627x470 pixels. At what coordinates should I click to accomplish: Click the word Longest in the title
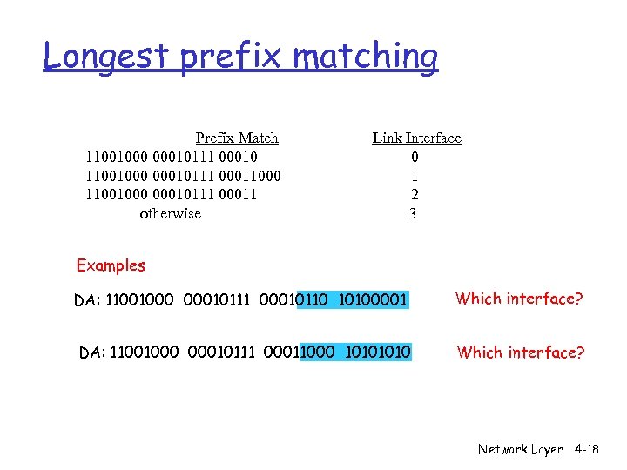[107, 57]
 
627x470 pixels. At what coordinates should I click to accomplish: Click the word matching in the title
[366, 57]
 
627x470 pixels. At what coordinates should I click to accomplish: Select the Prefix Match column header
[237, 138]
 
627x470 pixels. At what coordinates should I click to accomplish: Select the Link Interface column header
[417, 138]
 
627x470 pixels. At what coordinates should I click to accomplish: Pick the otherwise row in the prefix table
[170, 213]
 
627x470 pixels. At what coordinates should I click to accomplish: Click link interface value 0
[415, 157]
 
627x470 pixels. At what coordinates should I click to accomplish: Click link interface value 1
[415, 176]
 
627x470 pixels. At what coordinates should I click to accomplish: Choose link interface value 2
[415, 195]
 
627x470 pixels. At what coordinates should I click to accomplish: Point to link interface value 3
[414, 213]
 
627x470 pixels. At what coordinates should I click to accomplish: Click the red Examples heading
[111, 265]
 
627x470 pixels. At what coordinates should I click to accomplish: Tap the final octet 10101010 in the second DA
[378, 352]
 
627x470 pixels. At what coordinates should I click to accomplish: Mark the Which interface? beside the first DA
[519, 299]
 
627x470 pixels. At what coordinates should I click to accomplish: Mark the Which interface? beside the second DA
[521, 352]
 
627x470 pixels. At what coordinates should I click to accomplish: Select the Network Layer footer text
[520, 449]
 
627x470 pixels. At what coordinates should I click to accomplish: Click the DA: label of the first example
[86, 301]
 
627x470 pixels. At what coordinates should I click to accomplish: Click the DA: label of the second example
[91, 352]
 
